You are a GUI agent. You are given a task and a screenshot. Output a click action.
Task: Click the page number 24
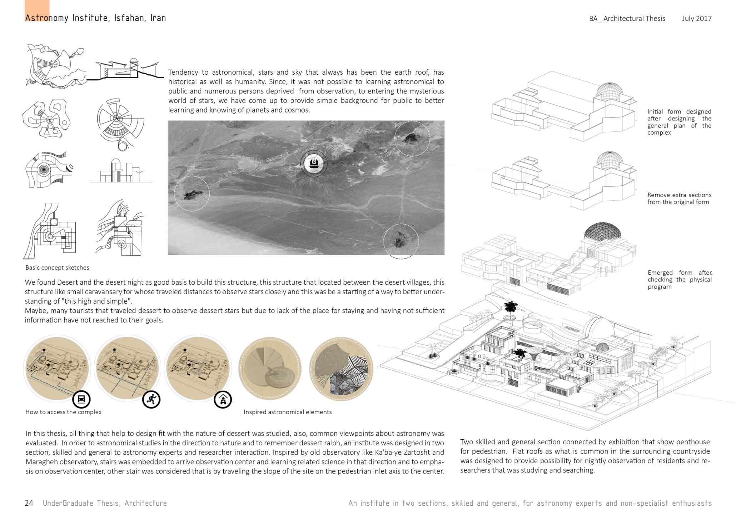[x=29, y=503]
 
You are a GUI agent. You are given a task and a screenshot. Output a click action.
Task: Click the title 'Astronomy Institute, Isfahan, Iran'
[x=95, y=18]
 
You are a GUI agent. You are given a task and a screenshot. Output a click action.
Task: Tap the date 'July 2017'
[x=696, y=19]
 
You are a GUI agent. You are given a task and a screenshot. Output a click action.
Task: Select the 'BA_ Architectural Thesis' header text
[x=627, y=19]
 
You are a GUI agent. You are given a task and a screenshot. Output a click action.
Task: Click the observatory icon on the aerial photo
[x=314, y=163]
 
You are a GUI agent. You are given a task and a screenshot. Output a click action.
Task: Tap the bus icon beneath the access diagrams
[x=81, y=399]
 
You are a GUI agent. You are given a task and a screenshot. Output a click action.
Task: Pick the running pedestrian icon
[x=151, y=399]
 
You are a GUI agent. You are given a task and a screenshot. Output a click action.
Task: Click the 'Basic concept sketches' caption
[x=57, y=267]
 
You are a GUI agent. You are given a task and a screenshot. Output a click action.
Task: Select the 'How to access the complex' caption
[x=63, y=412]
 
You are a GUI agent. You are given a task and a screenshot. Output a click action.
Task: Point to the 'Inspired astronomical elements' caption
[x=288, y=412]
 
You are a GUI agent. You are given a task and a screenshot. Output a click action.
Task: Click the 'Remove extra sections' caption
[x=679, y=198]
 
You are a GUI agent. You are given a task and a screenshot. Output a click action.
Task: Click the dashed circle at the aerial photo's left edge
[x=192, y=193]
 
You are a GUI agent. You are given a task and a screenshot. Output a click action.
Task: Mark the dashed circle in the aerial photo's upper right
[x=412, y=139]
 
